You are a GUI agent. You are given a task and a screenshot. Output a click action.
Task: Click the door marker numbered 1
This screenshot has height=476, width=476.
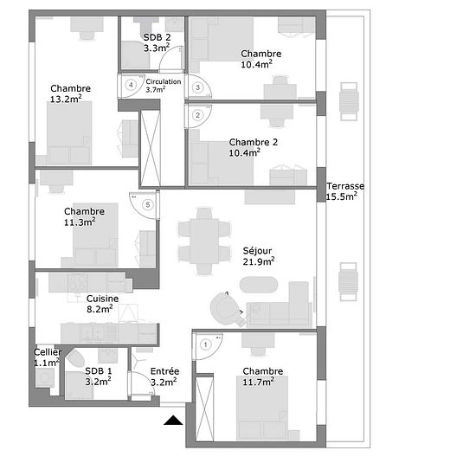pyautogui.click(x=206, y=344)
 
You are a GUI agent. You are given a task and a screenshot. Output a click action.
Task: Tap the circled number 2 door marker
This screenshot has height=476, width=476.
pyautogui.click(x=198, y=115)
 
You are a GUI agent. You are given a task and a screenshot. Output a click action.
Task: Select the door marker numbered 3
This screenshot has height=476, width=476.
pyautogui.click(x=197, y=87)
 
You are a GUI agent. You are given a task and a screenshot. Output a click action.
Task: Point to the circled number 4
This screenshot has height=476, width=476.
pyautogui.click(x=131, y=85)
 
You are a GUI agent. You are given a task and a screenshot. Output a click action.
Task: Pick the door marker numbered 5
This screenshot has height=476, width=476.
pyautogui.click(x=148, y=204)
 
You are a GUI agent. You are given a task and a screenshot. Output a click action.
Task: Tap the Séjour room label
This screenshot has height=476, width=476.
pyautogui.click(x=257, y=251)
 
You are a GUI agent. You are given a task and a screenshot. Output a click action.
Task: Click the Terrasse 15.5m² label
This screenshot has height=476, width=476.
pyautogui.click(x=345, y=191)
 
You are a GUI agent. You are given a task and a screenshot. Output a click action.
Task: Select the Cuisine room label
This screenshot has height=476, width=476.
pyautogui.click(x=103, y=299)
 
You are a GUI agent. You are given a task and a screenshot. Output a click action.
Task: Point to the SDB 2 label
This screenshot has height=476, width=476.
pyautogui.click(x=157, y=37)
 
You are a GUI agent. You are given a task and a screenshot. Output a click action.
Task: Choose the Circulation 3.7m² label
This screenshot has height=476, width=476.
pyautogui.click(x=164, y=86)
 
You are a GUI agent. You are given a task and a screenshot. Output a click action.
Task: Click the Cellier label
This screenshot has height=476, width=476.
pyautogui.click(x=48, y=352)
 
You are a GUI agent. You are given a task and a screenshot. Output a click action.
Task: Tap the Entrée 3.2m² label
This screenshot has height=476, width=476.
pyautogui.click(x=164, y=376)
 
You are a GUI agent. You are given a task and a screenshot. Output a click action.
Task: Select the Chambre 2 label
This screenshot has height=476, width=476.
pyautogui.click(x=254, y=142)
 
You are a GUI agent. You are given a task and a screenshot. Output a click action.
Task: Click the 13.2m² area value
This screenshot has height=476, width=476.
pyautogui.click(x=66, y=99)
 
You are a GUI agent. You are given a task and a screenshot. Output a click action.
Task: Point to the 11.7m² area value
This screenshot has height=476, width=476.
pyautogui.click(x=259, y=382)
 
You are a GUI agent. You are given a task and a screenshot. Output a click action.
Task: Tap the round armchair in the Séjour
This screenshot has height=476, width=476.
pyautogui.click(x=225, y=308)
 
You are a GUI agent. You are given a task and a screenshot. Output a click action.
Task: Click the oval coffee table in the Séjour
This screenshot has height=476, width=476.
pyautogui.click(x=259, y=285)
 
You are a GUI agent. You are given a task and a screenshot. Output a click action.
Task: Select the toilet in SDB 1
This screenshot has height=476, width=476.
pyautogui.click(x=76, y=357)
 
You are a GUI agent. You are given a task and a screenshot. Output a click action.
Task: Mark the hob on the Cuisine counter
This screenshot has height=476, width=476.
pyautogui.click(x=78, y=282)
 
